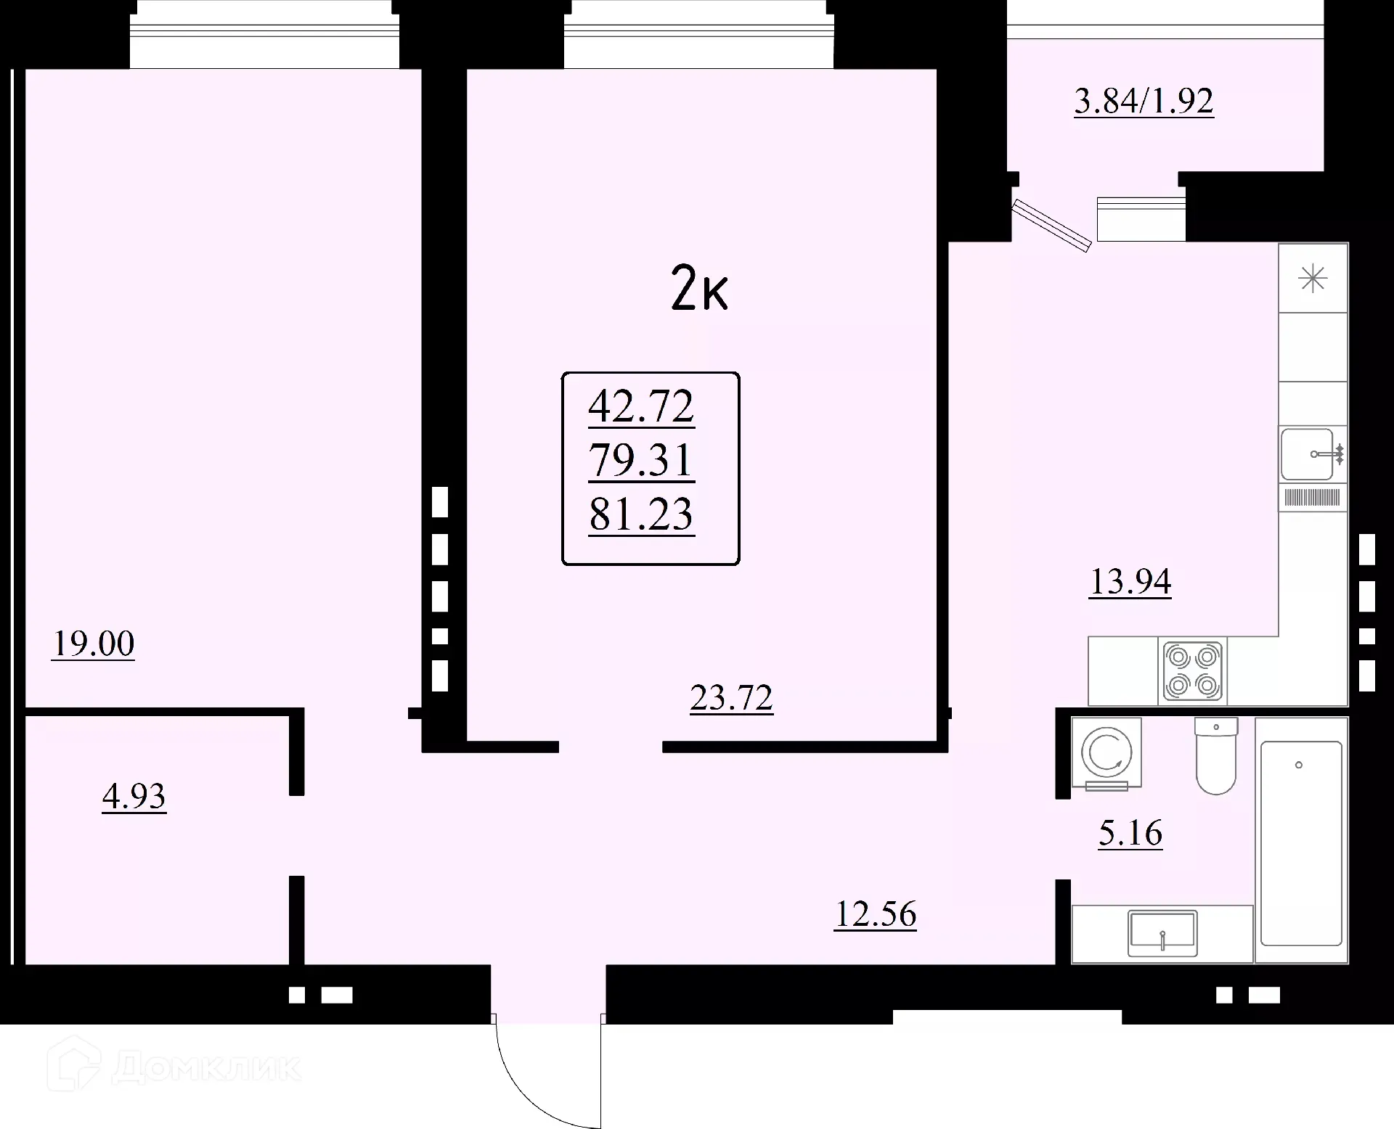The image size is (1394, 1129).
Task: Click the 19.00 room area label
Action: (94, 644)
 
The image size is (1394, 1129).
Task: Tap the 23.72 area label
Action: (731, 698)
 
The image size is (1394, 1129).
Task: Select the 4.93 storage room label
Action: (134, 796)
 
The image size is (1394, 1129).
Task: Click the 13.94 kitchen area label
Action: (1130, 581)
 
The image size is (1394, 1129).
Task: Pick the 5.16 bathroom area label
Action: (1130, 832)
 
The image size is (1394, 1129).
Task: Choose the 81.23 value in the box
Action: (641, 514)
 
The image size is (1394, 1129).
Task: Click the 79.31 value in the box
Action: (641, 460)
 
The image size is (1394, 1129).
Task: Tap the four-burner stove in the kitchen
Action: (1192, 671)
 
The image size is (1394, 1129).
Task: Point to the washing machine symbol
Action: (1106, 753)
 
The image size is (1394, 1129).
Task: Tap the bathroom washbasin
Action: (1162, 934)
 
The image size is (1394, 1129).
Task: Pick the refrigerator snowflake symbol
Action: (1313, 279)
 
